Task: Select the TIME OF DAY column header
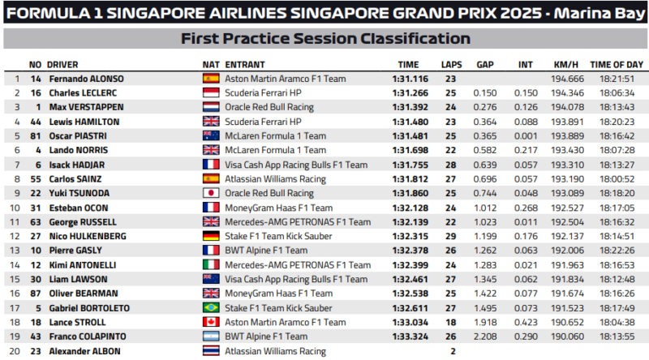pos(617,64)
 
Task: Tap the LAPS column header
pos(451,64)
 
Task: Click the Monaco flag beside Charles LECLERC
pos(211,93)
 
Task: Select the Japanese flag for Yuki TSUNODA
pos(211,194)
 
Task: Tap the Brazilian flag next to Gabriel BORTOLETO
pos(211,308)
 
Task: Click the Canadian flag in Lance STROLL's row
pos(211,323)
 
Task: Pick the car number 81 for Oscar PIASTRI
pos(35,136)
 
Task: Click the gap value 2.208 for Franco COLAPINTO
pos(485,336)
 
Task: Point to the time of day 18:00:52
pos(617,179)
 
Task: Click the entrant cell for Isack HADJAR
pos(276,165)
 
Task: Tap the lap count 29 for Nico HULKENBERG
pos(451,236)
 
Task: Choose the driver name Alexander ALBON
pos(84,351)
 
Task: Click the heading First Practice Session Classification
pos(324,39)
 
